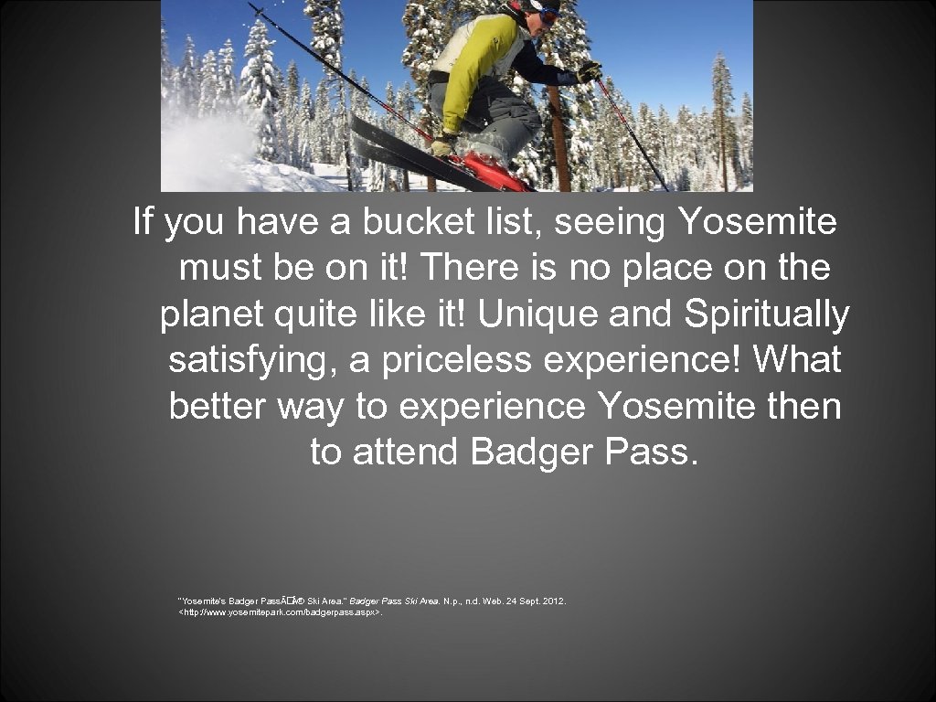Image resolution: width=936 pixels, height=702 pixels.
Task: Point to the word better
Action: (218, 407)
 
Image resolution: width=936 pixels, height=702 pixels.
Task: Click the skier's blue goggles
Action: (548, 14)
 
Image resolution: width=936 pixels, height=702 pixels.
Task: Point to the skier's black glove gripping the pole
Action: (589, 71)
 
